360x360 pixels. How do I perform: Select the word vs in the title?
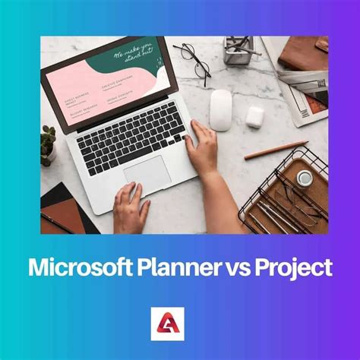pyautogui.click(x=241, y=267)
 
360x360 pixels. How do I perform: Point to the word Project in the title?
pyautogui.click(x=294, y=267)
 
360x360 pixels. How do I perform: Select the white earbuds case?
pyautogui.click(x=254, y=115)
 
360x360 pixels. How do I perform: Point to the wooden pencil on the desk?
pyautogui.click(x=275, y=150)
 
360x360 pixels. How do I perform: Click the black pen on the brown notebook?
pyautogui.click(x=58, y=221)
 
